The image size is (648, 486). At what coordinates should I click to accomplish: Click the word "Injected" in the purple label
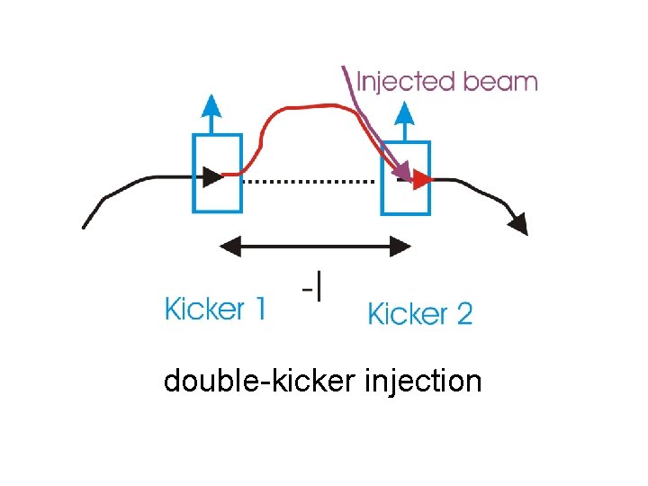406,82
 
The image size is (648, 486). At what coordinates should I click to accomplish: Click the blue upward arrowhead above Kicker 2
405,112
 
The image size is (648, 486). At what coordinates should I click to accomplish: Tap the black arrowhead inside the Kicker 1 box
212,175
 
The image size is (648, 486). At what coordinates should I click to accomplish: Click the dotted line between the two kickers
310,181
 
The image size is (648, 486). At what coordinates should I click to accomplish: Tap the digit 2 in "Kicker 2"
463,314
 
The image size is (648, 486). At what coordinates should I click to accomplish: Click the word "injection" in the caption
424,381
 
